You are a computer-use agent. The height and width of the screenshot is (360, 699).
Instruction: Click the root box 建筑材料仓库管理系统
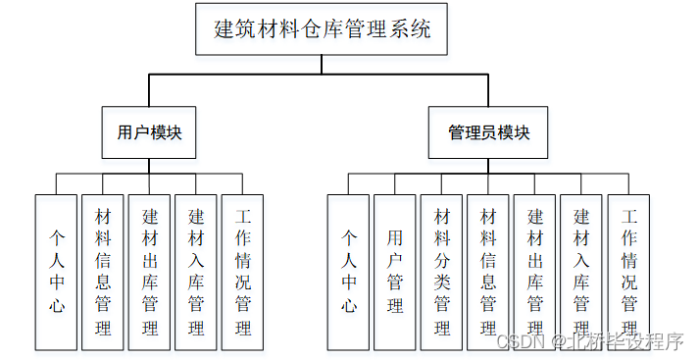tap(322, 30)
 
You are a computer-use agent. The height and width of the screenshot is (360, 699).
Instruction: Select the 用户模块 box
tap(149, 132)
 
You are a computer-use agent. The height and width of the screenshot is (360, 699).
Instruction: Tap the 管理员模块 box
tap(488, 132)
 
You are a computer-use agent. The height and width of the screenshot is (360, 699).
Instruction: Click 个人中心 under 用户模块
tap(56, 272)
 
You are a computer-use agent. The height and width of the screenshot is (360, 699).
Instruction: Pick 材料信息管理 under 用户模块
tap(103, 272)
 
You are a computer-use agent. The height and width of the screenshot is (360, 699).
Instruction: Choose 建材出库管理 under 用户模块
tap(150, 272)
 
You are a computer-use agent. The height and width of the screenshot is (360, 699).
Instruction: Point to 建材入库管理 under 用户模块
tap(197, 272)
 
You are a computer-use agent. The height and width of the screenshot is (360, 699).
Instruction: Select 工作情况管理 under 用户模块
tap(244, 272)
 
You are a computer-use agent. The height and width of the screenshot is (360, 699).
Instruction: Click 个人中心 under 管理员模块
tap(348, 272)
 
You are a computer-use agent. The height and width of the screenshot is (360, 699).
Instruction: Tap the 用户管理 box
tap(395, 272)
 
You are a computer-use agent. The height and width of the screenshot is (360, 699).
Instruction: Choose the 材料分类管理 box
tap(442, 272)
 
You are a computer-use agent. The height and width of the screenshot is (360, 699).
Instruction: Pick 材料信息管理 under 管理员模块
tap(488, 272)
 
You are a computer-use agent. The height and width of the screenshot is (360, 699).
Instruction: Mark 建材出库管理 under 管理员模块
tap(535, 272)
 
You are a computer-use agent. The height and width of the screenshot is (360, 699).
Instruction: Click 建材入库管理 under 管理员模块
tap(582, 272)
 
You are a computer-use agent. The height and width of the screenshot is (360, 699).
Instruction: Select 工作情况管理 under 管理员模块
tap(629, 272)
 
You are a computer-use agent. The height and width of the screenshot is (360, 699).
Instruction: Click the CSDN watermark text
tap(515, 341)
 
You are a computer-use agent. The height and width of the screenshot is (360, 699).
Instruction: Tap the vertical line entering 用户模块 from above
tap(149, 91)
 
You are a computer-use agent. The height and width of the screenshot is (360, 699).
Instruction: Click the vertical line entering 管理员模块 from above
tap(488, 91)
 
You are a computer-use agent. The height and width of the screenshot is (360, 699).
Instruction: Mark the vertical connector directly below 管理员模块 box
tap(488, 166)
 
